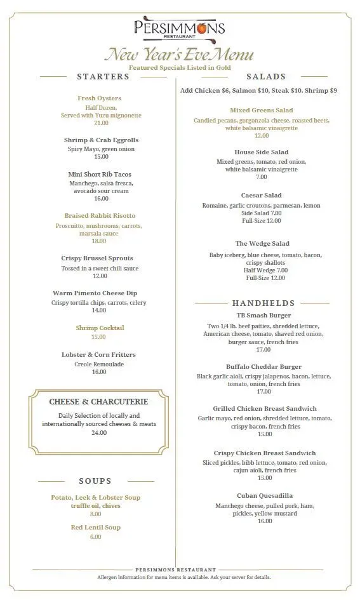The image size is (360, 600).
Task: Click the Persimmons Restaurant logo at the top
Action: coord(179,29)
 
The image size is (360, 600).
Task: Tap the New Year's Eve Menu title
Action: coord(179,55)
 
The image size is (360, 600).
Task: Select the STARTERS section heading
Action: coord(103,77)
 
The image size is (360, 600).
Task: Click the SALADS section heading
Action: coord(266,77)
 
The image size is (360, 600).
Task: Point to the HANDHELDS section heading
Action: coord(263,303)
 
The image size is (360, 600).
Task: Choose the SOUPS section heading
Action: coord(95,481)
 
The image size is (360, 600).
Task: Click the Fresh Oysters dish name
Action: coord(100,98)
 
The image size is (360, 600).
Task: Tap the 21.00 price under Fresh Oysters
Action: coord(101,123)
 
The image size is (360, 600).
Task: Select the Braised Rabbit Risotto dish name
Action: coord(100,216)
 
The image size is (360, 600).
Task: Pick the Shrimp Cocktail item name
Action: coord(100,328)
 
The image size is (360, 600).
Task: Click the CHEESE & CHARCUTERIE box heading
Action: coord(98,402)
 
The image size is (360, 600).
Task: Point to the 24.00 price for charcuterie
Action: coord(99,433)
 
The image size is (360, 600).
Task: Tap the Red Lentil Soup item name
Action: coord(95,528)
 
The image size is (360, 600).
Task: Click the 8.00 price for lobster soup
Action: coord(95,514)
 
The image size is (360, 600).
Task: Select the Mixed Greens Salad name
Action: coord(262,110)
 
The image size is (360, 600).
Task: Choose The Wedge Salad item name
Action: coord(262,244)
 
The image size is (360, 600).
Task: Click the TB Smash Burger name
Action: coord(263,316)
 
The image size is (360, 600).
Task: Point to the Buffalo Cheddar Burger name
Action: coord(263,367)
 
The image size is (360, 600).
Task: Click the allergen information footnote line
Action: coord(184,578)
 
